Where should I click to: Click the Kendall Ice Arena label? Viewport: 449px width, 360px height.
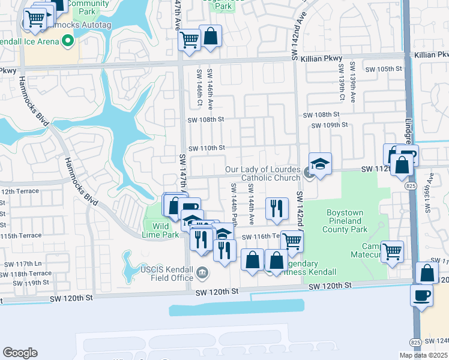pyautogui.click(x=29, y=41)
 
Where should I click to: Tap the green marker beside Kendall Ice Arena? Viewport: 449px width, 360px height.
pyautogui.click(x=67, y=41)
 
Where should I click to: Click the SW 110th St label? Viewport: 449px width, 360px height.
pyautogui.click(x=206, y=148)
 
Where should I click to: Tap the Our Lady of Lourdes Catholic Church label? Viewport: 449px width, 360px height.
pyautogui.click(x=262, y=173)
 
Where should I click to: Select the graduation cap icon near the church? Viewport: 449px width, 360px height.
pyautogui.click(x=321, y=163)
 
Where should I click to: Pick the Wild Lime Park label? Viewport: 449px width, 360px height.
pyautogui.click(x=160, y=230)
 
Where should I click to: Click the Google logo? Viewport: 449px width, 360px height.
pyautogui.click(x=20, y=352)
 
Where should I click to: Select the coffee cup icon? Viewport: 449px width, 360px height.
pyautogui.click(x=421, y=295)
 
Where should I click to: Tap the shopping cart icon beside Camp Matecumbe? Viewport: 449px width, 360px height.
pyautogui.click(x=393, y=251)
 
